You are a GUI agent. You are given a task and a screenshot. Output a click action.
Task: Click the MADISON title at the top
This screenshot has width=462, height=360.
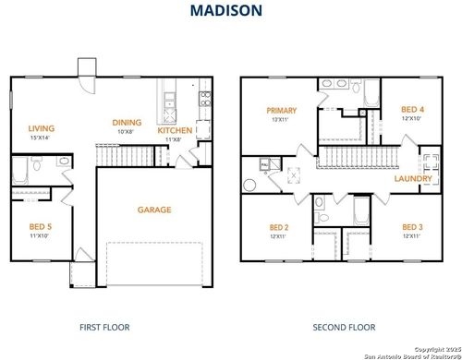(x=225, y=11)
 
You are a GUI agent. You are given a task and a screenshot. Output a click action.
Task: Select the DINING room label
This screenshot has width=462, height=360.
(x=128, y=122)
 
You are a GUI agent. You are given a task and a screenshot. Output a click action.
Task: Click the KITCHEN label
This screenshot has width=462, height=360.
(x=175, y=131)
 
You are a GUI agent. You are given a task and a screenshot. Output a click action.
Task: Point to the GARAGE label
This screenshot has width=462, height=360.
(x=154, y=210)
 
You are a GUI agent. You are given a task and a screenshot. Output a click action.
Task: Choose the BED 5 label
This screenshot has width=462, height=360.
(x=41, y=227)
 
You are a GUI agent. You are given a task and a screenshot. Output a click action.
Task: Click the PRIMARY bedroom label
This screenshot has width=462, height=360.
(x=281, y=110)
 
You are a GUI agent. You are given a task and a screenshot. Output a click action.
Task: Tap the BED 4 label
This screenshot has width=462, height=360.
(x=413, y=109)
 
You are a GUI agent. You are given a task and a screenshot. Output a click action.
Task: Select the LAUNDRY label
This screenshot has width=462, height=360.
(x=413, y=178)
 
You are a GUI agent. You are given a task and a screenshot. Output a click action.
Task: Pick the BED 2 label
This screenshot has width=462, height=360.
(x=279, y=227)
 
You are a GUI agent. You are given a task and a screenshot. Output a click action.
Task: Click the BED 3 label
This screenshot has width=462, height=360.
(x=412, y=227)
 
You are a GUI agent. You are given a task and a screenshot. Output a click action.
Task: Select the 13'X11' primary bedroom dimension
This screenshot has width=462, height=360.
(x=281, y=119)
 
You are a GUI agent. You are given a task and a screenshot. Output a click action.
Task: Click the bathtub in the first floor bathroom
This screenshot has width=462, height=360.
(x=19, y=172)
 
